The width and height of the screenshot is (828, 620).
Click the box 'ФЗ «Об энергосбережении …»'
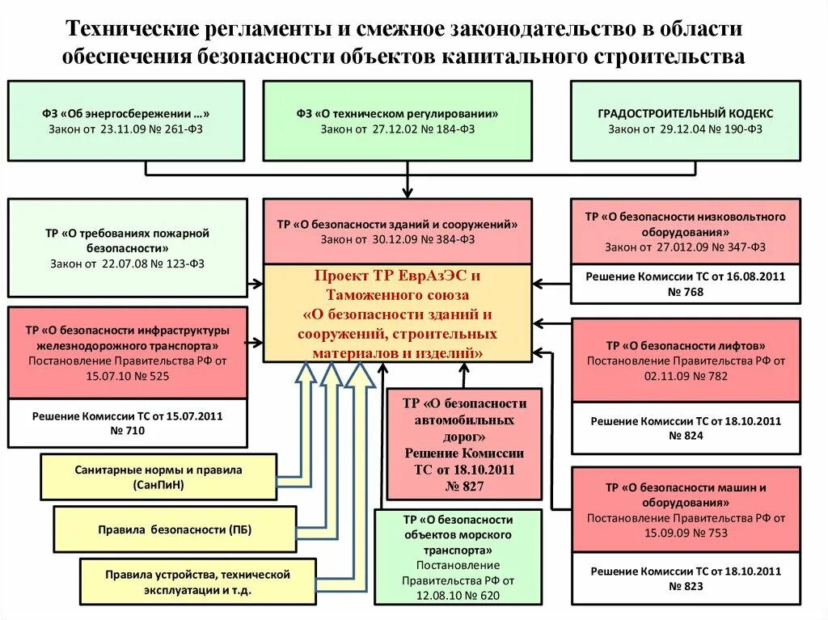[126, 120]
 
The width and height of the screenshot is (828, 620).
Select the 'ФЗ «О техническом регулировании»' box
[397, 120]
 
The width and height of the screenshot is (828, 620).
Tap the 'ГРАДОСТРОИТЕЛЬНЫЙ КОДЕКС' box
[686, 120]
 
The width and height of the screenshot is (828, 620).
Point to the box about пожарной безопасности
[127, 247]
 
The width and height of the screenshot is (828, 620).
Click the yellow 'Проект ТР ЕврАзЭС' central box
[397, 314]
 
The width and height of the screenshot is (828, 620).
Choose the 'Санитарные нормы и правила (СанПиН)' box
[158, 477]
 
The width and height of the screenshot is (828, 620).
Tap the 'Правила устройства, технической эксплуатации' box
[197, 581]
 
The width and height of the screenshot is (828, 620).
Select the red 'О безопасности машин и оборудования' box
[686, 509]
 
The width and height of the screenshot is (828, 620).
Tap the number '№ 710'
[128, 432]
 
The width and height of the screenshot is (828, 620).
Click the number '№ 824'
[686, 436]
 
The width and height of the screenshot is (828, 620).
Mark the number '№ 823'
[686, 586]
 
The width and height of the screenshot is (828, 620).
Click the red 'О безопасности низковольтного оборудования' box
[686, 231]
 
